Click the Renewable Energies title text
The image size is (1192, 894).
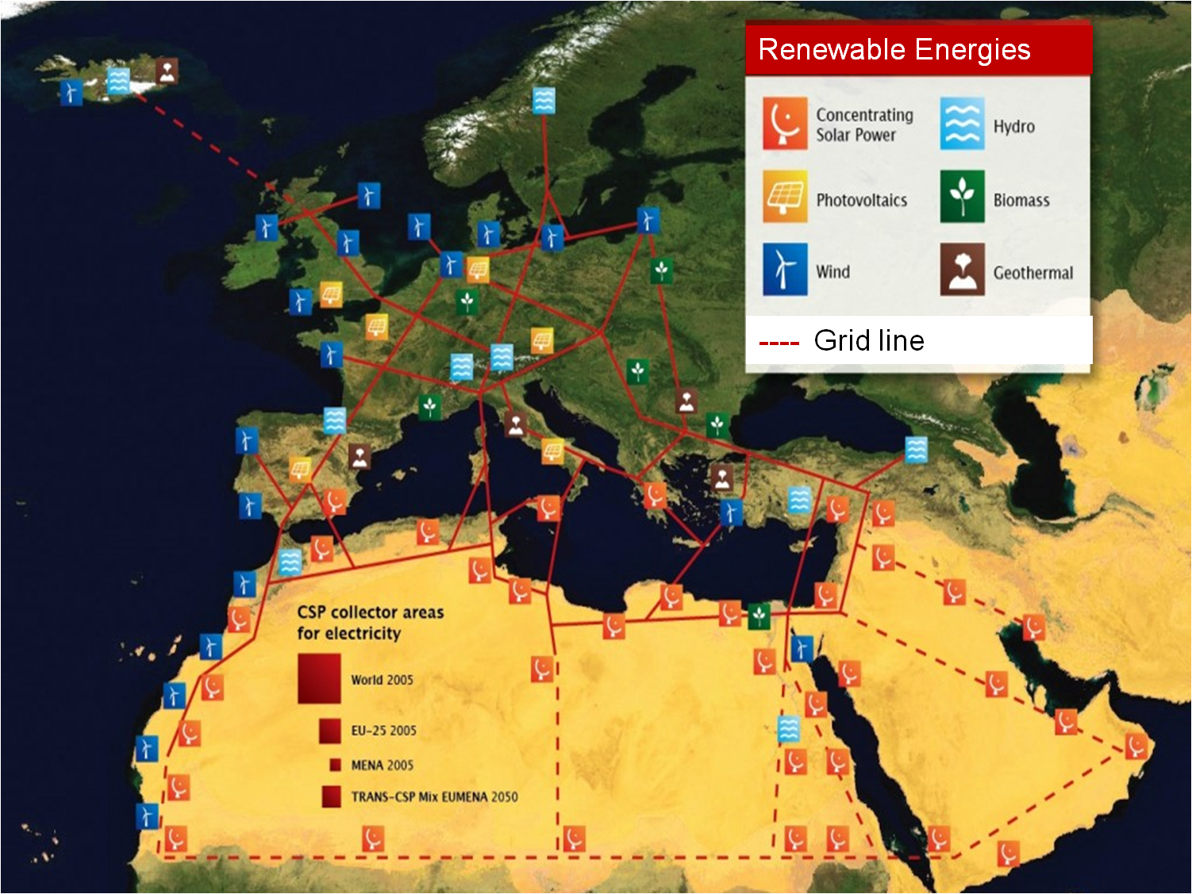tap(894, 50)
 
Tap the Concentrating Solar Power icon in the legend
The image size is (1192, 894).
tap(785, 124)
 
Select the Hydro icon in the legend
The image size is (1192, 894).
tap(962, 124)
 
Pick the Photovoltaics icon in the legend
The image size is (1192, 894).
tap(785, 197)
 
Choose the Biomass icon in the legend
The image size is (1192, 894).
tap(962, 197)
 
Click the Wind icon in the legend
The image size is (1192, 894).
tap(785, 270)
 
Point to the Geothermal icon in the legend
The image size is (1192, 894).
tap(962, 270)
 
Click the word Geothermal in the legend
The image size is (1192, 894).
tap(1032, 273)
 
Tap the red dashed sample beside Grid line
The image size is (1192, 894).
tap(779, 343)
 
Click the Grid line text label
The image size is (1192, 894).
tap(869, 341)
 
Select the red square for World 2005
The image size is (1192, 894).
tap(319, 679)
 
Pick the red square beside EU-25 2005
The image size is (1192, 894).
tap(330, 731)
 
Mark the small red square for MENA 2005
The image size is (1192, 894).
tap(335, 765)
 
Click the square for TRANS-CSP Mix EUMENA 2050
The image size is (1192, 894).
tap(332, 796)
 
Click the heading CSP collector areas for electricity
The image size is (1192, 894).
tap(370, 623)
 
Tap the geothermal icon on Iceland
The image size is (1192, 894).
tap(167, 71)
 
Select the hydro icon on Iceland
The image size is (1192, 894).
tap(119, 81)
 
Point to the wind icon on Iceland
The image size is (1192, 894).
tap(71, 92)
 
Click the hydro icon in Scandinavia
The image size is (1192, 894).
tap(544, 101)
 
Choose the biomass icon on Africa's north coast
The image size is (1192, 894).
tap(759, 616)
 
